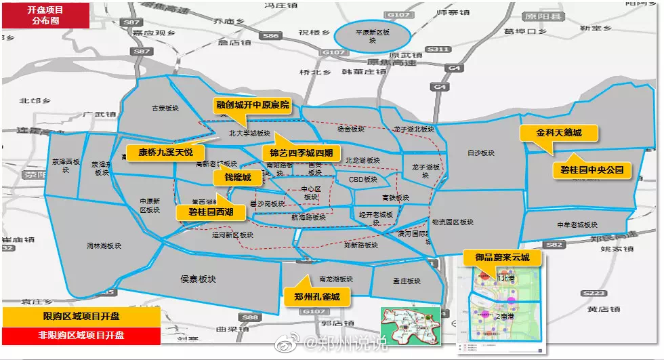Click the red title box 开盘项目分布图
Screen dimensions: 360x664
tap(45, 15)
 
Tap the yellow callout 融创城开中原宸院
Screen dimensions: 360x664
tap(252, 105)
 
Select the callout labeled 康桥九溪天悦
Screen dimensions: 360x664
tap(165, 151)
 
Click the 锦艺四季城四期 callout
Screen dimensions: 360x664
tap(302, 152)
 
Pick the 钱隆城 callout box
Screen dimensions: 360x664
tap(232, 177)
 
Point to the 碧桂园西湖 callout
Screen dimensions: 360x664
tap(210, 212)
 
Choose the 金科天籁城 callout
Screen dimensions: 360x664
tap(558, 133)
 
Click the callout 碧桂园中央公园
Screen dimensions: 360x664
tap(592, 169)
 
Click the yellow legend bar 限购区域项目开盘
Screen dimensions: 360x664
tap(81, 316)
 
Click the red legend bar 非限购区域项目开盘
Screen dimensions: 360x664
tap(81, 335)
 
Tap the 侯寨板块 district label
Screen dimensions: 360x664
tap(198, 279)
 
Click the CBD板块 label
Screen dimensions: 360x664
tap(363, 180)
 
